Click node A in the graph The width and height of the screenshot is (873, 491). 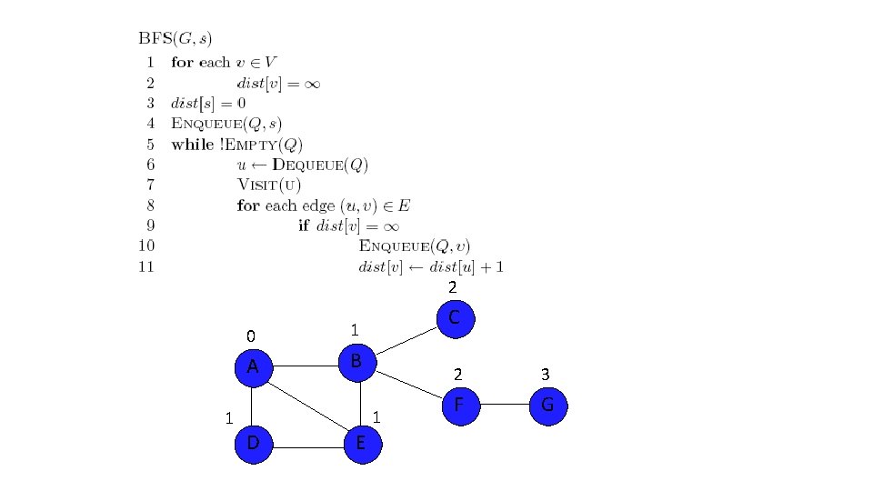tap(254, 366)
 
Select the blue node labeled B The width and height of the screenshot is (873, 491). tap(357, 362)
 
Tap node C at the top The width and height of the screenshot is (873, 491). tap(456, 319)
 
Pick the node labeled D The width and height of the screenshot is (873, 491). tap(253, 444)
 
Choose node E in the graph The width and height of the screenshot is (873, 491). tap(361, 444)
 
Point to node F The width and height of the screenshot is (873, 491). tap(460, 405)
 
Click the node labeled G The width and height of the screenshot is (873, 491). tap(547, 405)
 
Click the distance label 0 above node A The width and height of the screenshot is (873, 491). tap(252, 334)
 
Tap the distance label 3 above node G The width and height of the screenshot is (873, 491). tap(545, 374)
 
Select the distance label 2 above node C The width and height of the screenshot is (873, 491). tap(452, 287)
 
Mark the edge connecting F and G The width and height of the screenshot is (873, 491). tap(504, 405)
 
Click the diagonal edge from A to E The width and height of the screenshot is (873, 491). tap(307, 406)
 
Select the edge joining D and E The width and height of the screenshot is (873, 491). tap(307, 446)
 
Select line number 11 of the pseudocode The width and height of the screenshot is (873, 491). tap(145, 266)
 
